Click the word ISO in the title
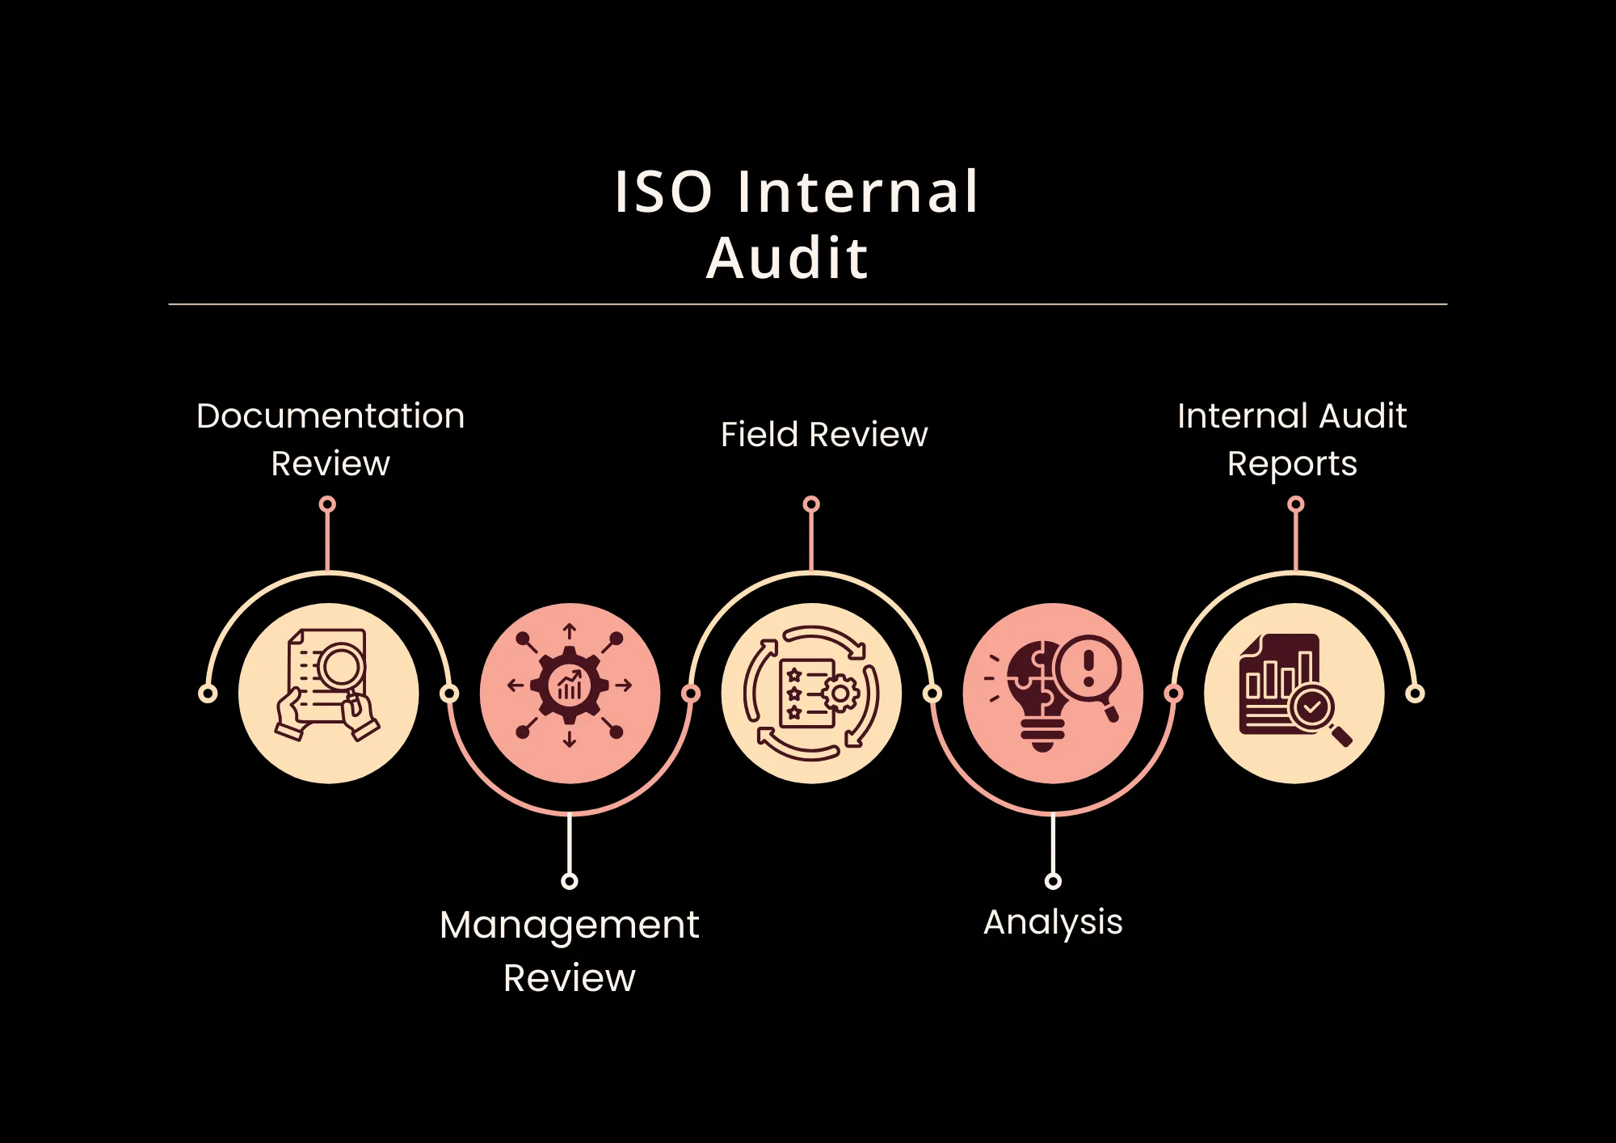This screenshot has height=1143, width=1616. tap(663, 192)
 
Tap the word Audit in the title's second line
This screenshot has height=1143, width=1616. tap(788, 259)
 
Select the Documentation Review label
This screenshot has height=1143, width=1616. tap(330, 439)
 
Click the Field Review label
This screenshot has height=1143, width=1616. tap(823, 435)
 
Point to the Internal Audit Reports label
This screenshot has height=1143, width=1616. tap(1292, 439)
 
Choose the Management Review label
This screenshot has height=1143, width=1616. tap(570, 951)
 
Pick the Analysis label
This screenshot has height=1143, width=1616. tap(1053, 922)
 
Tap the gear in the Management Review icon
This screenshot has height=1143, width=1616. tap(570, 685)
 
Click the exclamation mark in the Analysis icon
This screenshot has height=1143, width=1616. tap(1088, 668)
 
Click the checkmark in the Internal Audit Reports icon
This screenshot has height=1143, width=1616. tap(1311, 707)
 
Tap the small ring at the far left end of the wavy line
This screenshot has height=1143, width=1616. tap(208, 694)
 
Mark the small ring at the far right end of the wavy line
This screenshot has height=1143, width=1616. tap(1415, 694)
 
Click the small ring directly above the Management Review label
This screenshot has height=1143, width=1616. tap(570, 881)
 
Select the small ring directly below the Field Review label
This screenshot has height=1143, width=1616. tap(811, 504)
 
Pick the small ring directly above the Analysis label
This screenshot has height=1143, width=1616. tap(1053, 881)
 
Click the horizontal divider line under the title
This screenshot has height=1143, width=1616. tap(808, 305)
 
